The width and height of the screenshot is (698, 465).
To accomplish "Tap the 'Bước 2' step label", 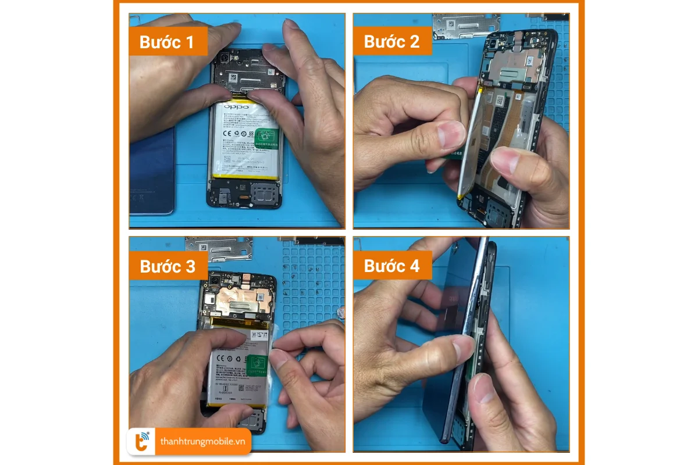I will pos(392,42).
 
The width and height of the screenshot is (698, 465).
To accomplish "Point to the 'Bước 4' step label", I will pos(392,266).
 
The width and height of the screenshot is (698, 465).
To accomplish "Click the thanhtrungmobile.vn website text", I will pos(202,442).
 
